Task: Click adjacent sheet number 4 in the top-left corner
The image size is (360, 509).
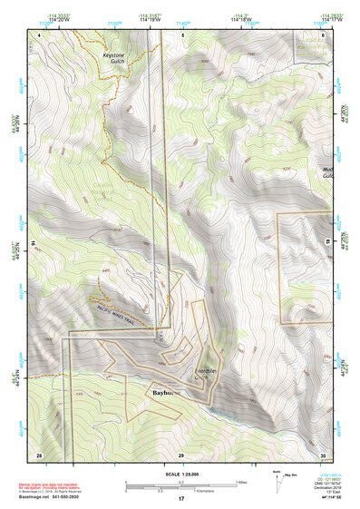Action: pyautogui.click(x=39, y=34)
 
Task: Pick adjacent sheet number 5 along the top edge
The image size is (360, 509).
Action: pyautogui.click(x=181, y=34)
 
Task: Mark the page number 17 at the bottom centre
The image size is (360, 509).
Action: pyautogui.click(x=181, y=498)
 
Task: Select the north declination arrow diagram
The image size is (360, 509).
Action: pyautogui.click(x=277, y=477)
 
